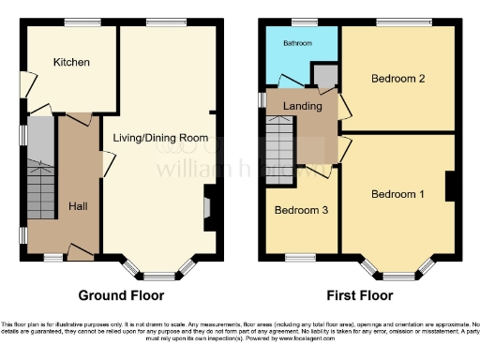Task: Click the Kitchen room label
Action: click(71, 63)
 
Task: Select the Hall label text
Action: click(79, 204)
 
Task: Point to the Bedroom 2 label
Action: click(398, 79)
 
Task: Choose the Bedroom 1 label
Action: click(397, 195)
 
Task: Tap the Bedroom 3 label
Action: click(300, 211)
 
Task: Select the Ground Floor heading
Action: click(121, 295)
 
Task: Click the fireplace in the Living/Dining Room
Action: click(208, 203)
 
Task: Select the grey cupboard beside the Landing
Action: click(324, 76)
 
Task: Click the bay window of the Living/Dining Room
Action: click(166, 273)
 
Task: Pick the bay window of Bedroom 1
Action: click(397, 273)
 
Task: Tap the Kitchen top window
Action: click(78, 22)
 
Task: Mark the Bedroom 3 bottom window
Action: click(300, 256)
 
